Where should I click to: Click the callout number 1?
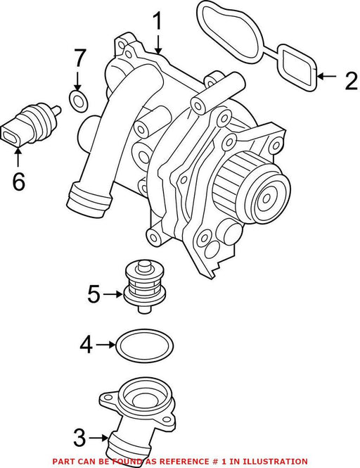157,21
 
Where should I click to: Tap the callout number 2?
351,81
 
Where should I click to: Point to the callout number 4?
86,345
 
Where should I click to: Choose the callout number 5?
94,294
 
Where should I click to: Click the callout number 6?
18,182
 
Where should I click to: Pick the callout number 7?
79,58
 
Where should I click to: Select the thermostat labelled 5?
144,287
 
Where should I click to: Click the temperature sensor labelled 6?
31,125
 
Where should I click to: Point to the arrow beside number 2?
326,77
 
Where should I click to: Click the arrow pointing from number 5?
113,295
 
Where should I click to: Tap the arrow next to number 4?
106,345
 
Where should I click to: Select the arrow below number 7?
77,81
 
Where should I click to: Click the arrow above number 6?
18,157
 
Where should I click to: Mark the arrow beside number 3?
98,438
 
